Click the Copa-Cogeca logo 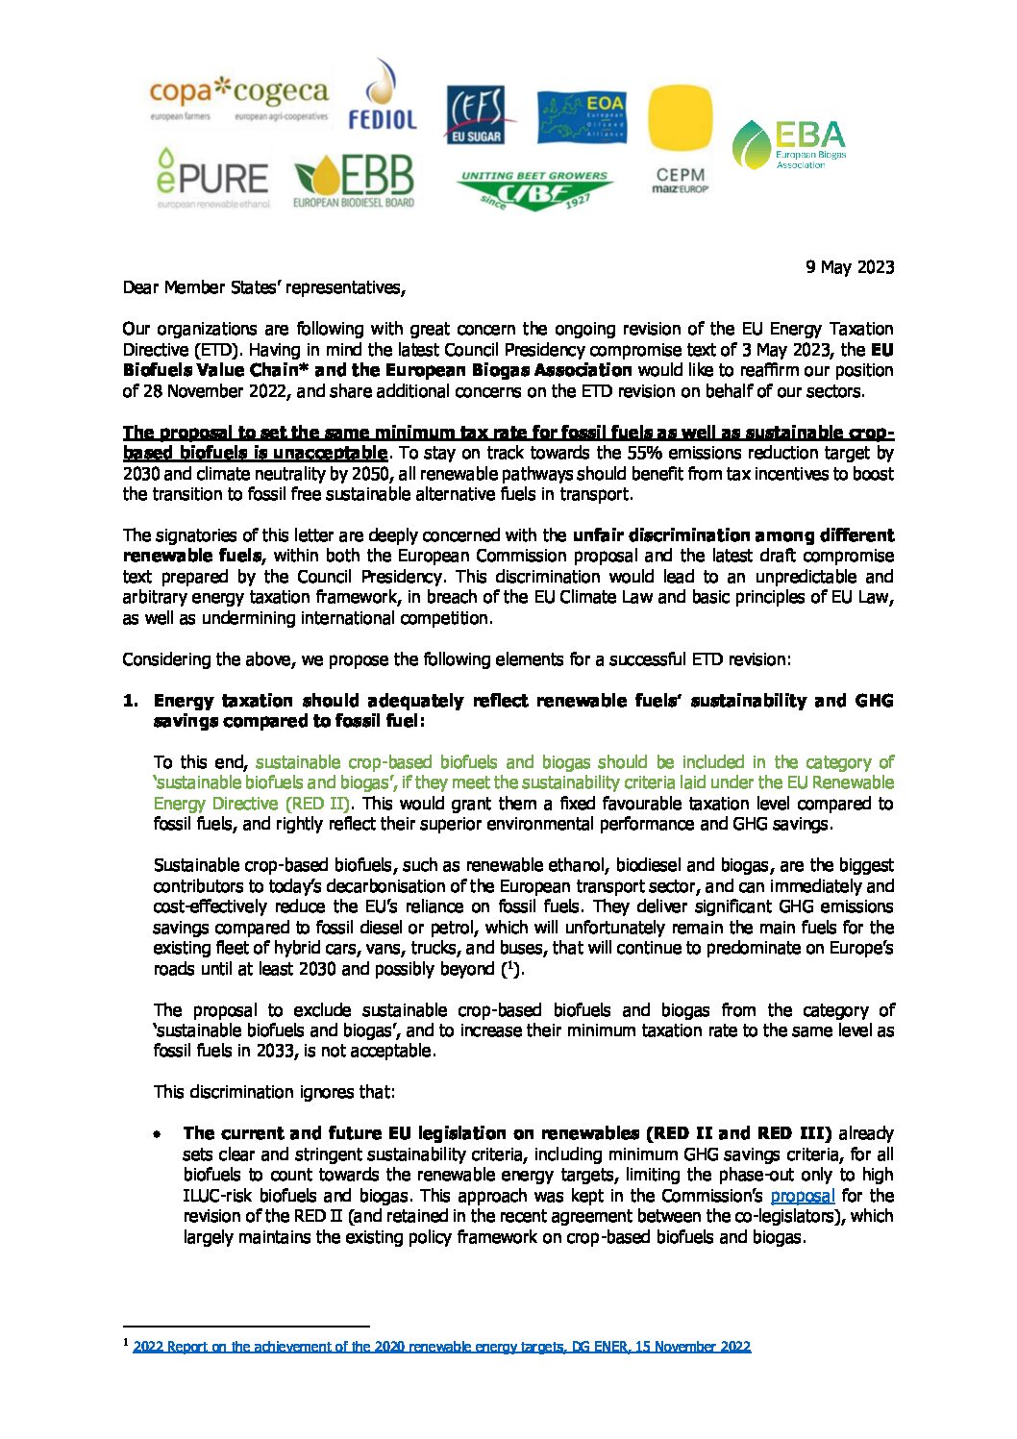pos(238,100)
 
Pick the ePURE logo pos(212,179)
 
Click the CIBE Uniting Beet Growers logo pos(534,190)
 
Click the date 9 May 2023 pos(850,267)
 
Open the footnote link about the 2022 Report pos(441,1347)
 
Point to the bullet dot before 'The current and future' pos(156,1134)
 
